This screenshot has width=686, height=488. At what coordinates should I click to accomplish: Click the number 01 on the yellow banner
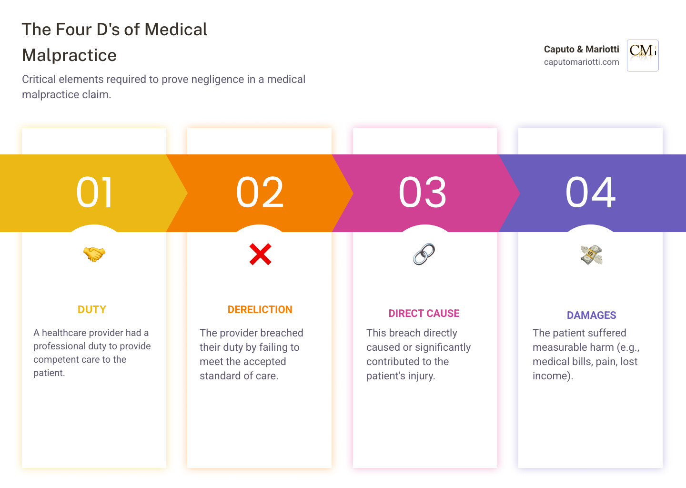(95, 193)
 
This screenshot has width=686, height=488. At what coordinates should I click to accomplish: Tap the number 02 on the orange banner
(260, 193)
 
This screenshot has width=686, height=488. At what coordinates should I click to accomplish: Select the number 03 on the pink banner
(423, 193)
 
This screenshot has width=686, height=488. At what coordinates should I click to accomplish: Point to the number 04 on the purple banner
(591, 193)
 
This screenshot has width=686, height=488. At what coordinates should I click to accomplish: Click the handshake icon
(94, 254)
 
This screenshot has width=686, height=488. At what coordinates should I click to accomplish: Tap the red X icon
(260, 254)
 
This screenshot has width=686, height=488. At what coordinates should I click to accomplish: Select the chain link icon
(424, 254)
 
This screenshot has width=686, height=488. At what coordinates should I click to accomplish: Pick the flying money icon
(591, 254)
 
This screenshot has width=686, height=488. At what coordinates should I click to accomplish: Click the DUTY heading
(92, 310)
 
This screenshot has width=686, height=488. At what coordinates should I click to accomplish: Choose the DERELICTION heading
(260, 310)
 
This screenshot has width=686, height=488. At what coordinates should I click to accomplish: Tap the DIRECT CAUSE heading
(424, 314)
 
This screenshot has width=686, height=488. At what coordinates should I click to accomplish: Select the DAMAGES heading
(591, 315)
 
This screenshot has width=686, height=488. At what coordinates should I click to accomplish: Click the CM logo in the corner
(643, 55)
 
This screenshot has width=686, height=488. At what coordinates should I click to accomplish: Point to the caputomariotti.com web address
(581, 62)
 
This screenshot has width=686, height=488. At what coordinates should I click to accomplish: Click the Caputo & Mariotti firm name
(581, 49)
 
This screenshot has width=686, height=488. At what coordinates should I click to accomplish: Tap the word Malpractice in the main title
(70, 55)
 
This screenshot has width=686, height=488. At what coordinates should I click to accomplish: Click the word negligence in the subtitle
(217, 80)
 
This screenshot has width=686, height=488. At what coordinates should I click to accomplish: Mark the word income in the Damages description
(551, 376)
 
